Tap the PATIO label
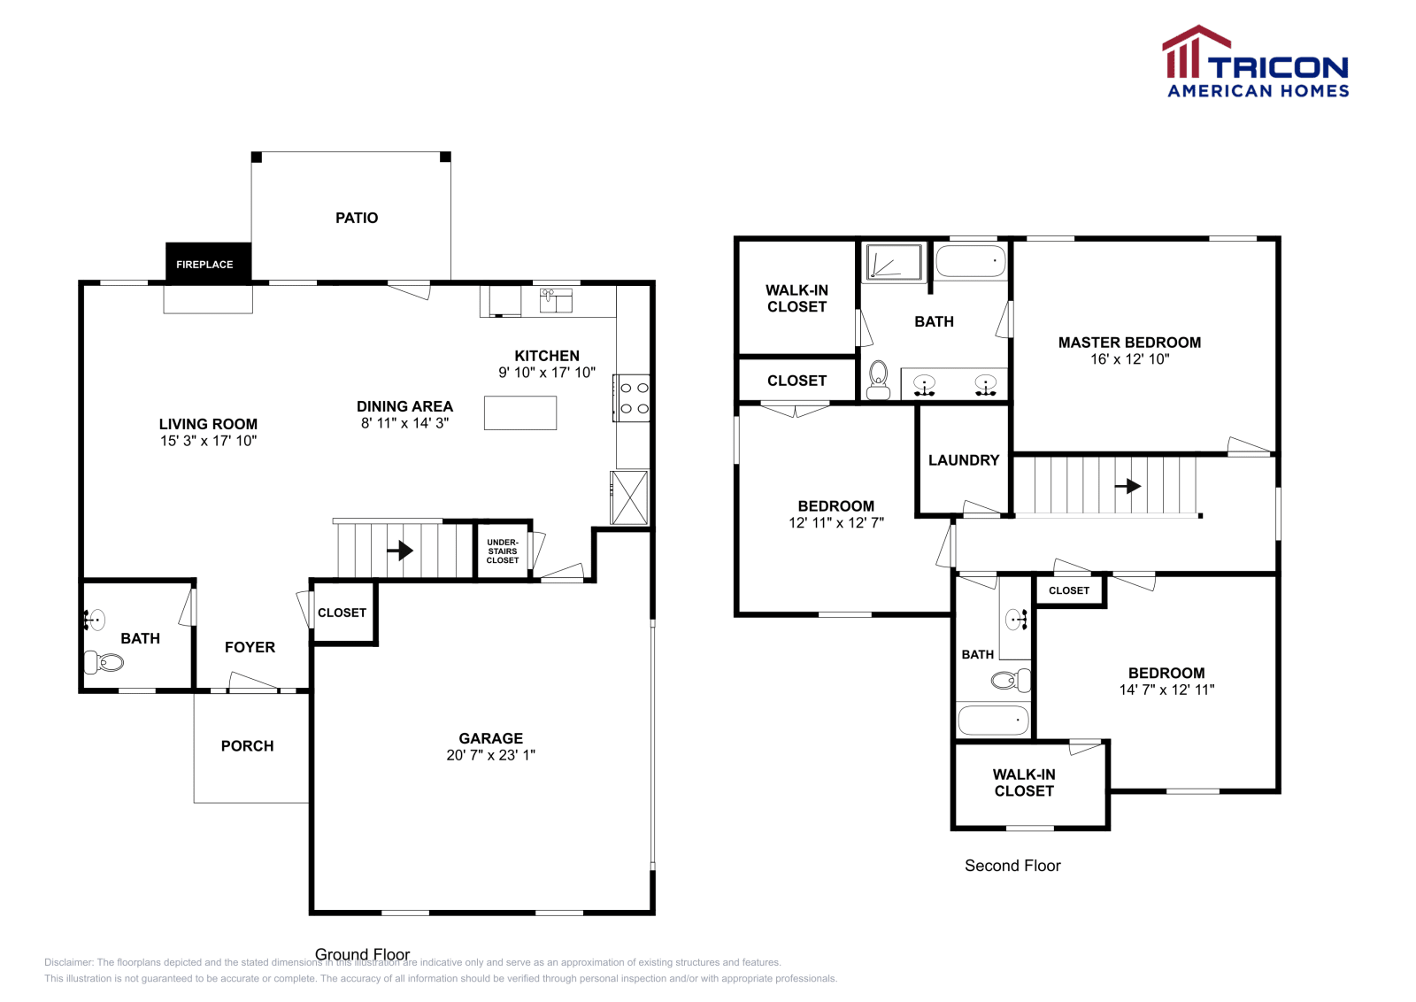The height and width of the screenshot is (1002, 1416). click(357, 218)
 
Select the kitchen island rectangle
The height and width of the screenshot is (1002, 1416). click(520, 413)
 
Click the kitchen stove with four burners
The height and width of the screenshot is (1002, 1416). click(633, 398)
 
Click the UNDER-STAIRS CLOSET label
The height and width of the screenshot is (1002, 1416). click(503, 551)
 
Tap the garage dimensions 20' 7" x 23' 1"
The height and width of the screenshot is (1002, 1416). click(491, 755)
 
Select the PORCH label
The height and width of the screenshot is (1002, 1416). click(248, 746)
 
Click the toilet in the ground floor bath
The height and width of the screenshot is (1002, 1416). click(104, 661)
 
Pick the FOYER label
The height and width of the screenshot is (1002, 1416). click(250, 647)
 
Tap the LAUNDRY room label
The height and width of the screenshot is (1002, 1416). click(964, 460)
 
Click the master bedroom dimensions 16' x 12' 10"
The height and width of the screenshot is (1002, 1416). click(1130, 359)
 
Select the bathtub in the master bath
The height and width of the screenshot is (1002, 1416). click(971, 262)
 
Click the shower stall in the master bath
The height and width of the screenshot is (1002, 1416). click(894, 262)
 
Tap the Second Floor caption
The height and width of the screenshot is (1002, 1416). click(1012, 866)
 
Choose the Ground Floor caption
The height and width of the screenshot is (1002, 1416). click(363, 954)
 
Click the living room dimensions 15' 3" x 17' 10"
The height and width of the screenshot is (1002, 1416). click(209, 441)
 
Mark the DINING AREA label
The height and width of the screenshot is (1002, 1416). click(404, 406)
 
